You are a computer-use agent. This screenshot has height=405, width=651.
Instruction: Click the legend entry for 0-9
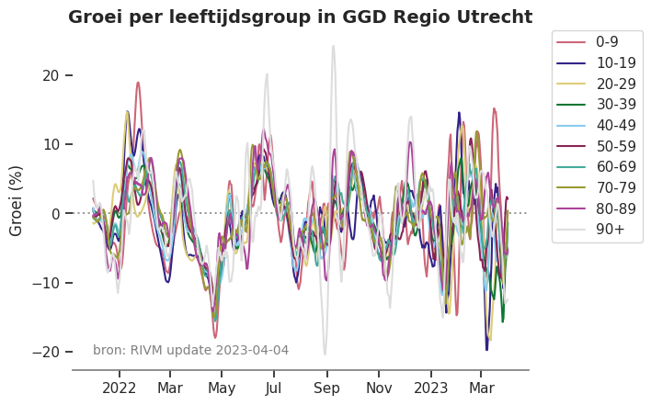pyautogui.click(x=608, y=41)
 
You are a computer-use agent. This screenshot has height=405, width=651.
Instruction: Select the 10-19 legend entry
pyautogui.click(x=613, y=62)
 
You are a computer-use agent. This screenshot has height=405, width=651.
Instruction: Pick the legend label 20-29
pyautogui.click(x=614, y=84)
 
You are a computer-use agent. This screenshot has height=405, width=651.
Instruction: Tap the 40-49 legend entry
pyautogui.click(x=614, y=126)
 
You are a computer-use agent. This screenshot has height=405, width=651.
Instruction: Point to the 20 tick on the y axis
pyautogui.click(x=51, y=75)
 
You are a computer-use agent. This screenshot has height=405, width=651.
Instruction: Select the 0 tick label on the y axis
pyautogui.click(x=56, y=214)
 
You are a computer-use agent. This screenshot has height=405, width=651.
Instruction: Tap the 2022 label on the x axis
pyautogui.click(x=120, y=388)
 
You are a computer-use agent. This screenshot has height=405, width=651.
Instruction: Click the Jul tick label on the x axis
pyautogui.click(x=273, y=388)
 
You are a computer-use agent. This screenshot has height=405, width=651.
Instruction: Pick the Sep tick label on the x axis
pyautogui.click(x=325, y=388)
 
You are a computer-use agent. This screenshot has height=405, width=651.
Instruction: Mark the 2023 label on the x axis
pyautogui.click(x=430, y=388)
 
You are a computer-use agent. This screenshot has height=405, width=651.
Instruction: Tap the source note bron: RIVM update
pyautogui.click(x=153, y=350)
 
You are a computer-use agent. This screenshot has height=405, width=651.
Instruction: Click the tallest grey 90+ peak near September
pyautogui.click(x=333, y=47)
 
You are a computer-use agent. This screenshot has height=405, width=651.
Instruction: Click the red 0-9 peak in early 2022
pyautogui.click(x=138, y=83)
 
